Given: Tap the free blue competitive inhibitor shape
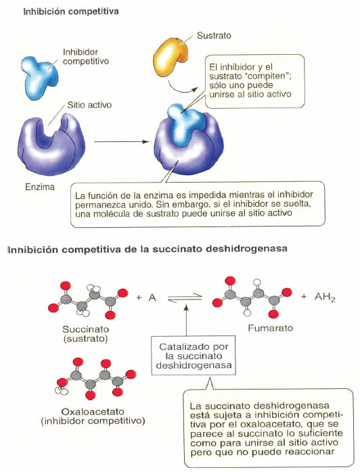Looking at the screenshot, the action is click(39, 77).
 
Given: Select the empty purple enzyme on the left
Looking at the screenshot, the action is click(51, 143).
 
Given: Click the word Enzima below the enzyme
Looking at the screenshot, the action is click(40, 187).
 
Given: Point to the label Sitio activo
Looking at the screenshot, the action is click(89, 105).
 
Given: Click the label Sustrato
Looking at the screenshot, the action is click(214, 36).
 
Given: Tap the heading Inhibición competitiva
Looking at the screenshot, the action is click(71, 11).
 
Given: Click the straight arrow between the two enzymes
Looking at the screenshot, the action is click(121, 141).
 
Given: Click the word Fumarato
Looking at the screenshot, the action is click(270, 328).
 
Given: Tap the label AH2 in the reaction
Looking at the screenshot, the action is click(325, 298).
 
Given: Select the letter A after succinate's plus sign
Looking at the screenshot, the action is click(152, 298).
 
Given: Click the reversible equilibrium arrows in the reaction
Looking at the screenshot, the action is click(185, 298).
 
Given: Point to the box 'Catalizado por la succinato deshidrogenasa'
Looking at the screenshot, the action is click(194, 356).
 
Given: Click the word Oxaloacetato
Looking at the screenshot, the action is click(89, 412).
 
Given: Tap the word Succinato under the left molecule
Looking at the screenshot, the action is click(85, 329).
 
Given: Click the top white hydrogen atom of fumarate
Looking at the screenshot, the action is click(257, 282).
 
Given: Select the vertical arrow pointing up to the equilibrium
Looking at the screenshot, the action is click(186, 319).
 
